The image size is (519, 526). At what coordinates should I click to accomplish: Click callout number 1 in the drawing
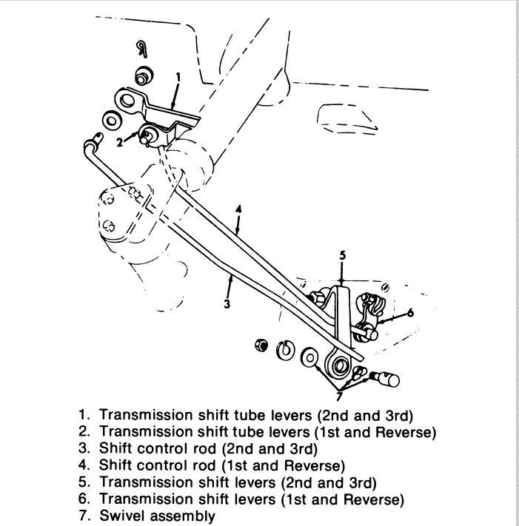178,78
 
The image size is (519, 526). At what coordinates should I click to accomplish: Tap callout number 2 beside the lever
120,142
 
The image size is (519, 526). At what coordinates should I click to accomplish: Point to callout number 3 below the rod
227,304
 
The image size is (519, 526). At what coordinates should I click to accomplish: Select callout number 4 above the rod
238,209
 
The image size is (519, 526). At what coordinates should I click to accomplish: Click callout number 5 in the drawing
342,256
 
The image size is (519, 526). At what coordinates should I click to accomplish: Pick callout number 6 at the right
410,313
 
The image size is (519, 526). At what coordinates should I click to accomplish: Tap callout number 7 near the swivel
339,397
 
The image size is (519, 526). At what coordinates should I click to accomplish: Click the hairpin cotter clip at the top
142,49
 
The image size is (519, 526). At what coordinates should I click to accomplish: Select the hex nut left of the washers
261,345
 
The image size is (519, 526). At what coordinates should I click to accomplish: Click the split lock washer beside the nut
285,349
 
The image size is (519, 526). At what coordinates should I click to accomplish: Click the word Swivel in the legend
121,516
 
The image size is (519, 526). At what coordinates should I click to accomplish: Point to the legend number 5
83,482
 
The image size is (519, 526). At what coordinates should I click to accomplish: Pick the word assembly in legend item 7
181,516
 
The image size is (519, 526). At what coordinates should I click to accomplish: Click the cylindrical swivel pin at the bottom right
386,379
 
